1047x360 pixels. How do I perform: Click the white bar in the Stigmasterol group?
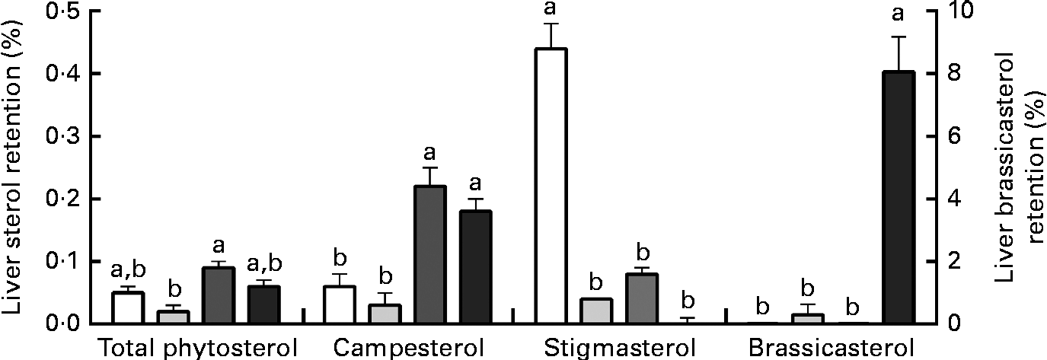coord(551,186)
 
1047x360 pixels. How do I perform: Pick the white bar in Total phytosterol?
coord(128,307)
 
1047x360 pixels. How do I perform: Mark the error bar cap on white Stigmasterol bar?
coord(551,24)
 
